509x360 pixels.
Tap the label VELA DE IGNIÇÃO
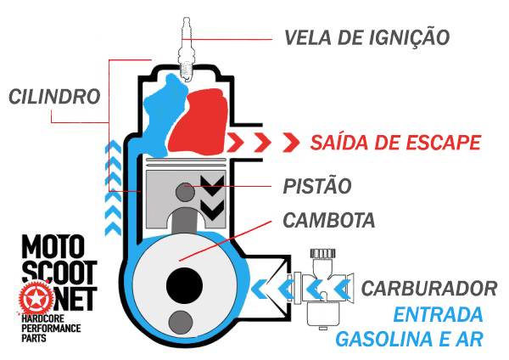coord(366,37)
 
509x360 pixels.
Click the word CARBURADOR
coord(428,287)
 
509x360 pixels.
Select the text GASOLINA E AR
coord(410,340)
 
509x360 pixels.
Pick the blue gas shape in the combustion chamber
coord(160,115)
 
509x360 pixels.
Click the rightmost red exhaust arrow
coord(291,141)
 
